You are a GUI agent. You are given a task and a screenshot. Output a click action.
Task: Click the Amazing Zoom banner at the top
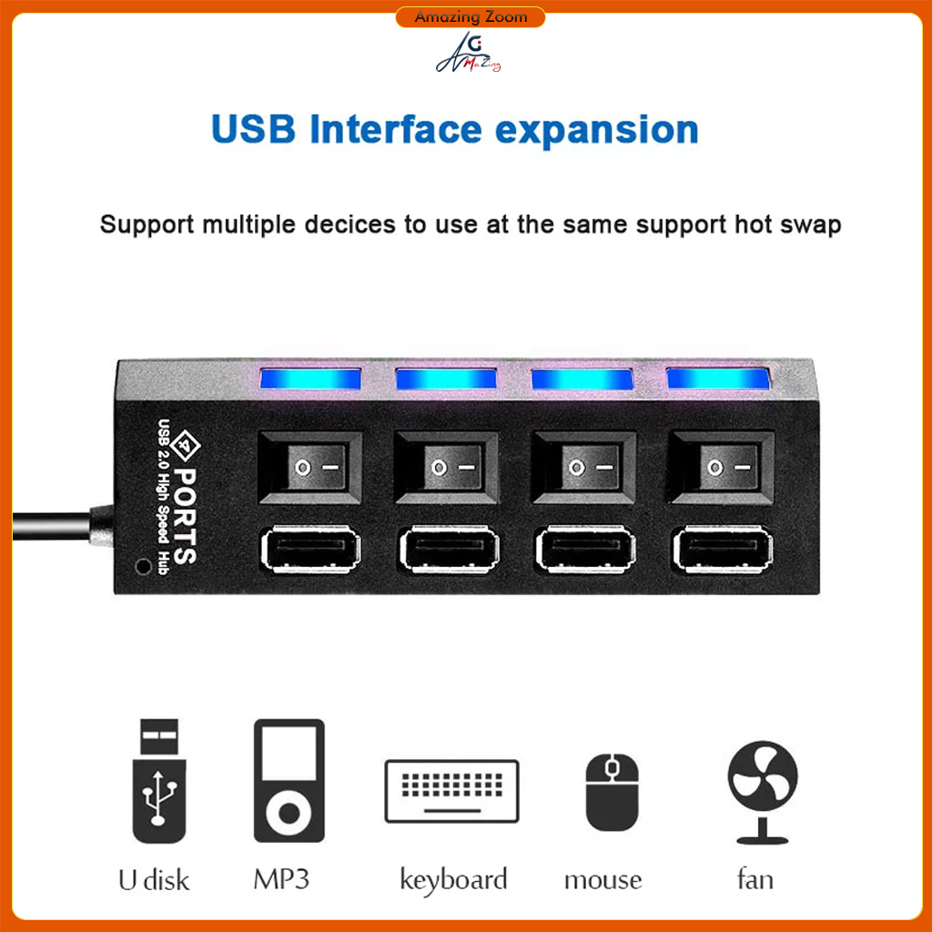tap(470, 17)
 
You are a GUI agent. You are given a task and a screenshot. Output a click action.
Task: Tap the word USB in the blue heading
tap(253, 130)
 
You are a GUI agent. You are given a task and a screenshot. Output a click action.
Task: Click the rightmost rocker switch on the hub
tap(723, 467)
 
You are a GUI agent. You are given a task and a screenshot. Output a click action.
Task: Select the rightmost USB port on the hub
tap(723, 552)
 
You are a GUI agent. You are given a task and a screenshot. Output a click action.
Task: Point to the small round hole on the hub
tap(142, 565)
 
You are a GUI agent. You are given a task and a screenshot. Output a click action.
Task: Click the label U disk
tap(154, 880)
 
